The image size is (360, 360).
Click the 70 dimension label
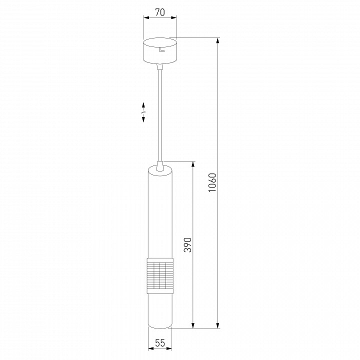click(160, 12)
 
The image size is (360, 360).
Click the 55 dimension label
click(160, 343)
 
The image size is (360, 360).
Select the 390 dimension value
click(187, 245)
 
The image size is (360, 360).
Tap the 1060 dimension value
click(212, 183)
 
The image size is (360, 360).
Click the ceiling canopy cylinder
click(160, 50)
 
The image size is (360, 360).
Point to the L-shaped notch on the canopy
click(162, 49)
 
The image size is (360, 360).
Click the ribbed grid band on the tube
click(160, 275)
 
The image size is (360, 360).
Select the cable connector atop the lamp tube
click(160, 166)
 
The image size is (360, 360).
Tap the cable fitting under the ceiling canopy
click(160, 66)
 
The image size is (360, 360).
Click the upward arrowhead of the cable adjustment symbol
click(143, 105)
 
